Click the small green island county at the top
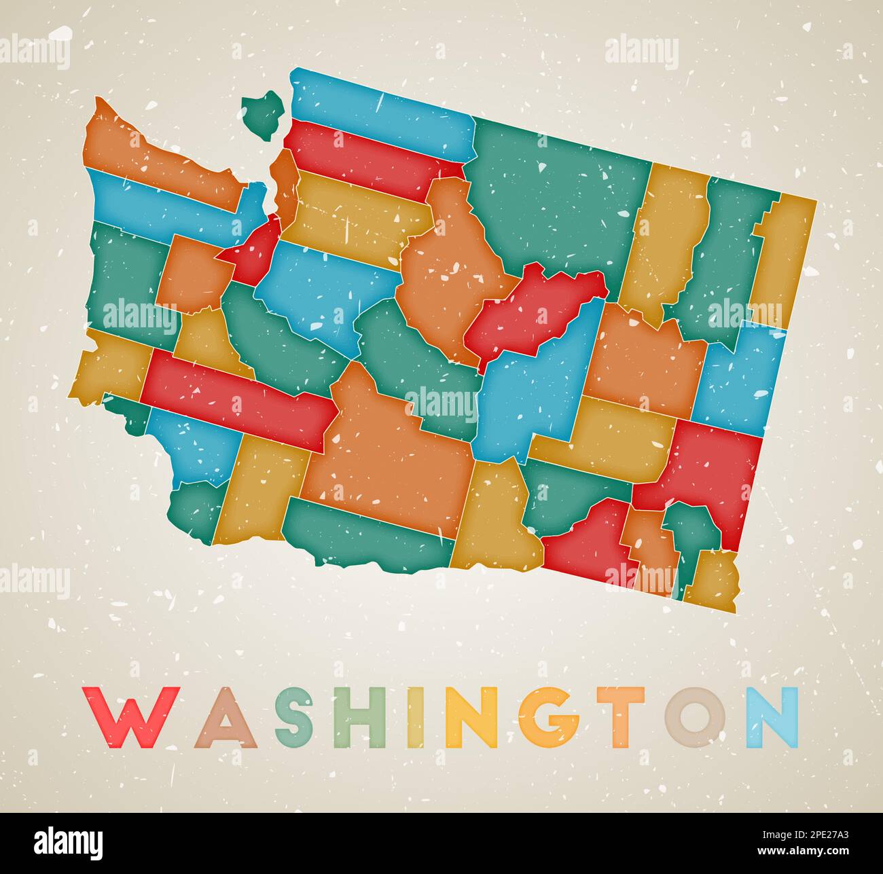click(263, 112)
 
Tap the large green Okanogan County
click(557, 197)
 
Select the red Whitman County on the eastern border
click(713, 469)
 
